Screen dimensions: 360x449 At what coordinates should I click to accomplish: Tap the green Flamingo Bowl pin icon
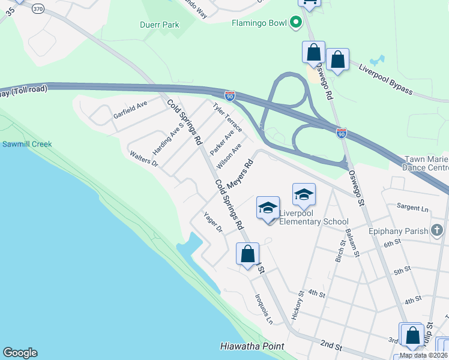pyautogui.click(x=295, y=24)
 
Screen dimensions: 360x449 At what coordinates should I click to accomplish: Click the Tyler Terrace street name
pyautogui.click(x=228, y=116)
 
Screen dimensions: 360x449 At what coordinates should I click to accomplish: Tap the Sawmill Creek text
pyautogui.click(x=26, y=144)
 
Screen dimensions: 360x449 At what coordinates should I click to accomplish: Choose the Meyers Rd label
pyautogui.click(x=240, y=168)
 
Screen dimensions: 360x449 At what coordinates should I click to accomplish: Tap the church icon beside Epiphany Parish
pyautogui.click(x=436, y=230)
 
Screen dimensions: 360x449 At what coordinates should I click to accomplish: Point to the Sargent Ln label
pyautogui.click(x=412, y=208)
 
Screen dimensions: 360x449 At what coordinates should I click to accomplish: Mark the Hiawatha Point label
pyautogui.click(x=252, y=347)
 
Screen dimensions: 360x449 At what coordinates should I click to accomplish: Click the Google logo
pyautogui.click(x=20, y=353)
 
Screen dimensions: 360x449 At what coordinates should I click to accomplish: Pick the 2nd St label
pyautogui.click(x=331, y=347)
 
